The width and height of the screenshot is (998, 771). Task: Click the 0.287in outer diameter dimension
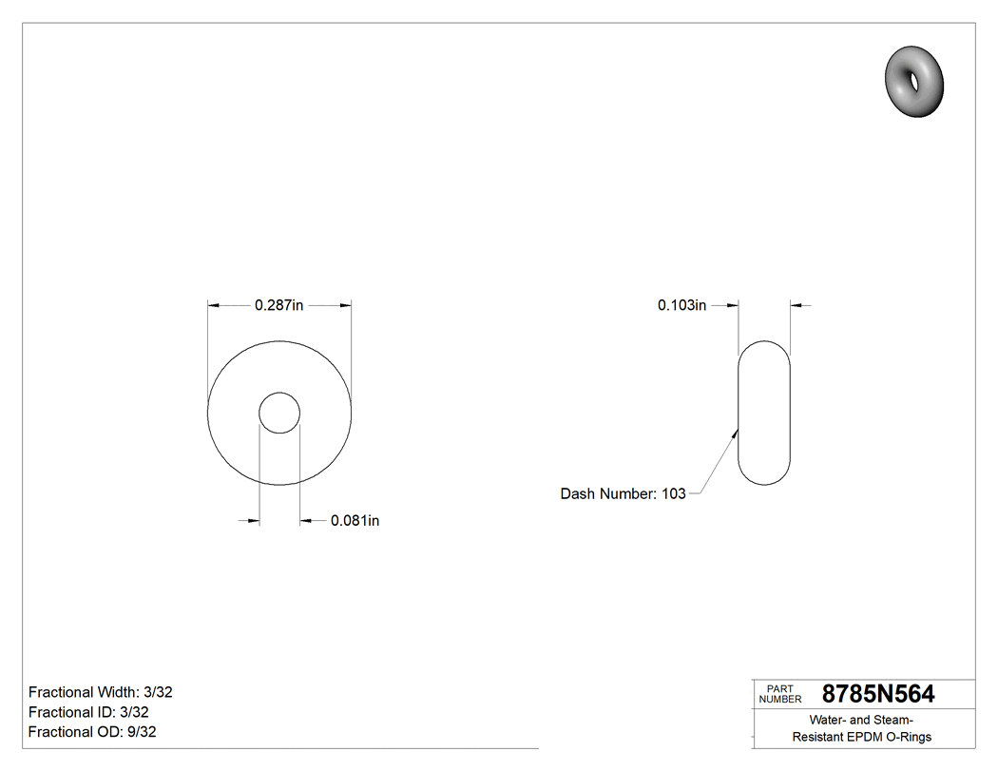[278, 305]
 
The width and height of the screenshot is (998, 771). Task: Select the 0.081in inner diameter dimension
[355, 521]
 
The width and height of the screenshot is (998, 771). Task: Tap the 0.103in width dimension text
[681, 305]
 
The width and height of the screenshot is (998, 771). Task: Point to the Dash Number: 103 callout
[623, 493]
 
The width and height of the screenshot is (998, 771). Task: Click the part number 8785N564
[877, 694]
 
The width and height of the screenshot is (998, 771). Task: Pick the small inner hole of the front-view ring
[279, 413]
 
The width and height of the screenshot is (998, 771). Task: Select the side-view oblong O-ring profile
[764, 413]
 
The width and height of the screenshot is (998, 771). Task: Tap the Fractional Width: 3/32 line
[100, 692]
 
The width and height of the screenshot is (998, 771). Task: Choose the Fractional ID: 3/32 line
[88, 712]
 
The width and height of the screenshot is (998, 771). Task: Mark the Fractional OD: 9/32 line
[92, 732]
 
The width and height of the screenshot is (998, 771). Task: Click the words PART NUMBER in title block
[779, 694]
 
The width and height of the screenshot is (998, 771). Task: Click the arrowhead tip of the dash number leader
[737, 430]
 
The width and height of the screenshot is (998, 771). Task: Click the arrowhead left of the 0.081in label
[254, 520]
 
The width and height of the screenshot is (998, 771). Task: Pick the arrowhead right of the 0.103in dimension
[796, 305]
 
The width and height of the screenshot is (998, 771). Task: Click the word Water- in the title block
[831, 720]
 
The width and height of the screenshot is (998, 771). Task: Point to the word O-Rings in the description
[908, 737]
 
